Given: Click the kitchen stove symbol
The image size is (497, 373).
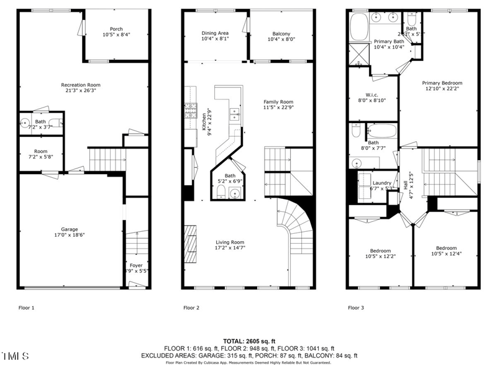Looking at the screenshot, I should tap(189, 113).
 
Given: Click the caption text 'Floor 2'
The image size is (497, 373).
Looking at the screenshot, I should tap(191, 308).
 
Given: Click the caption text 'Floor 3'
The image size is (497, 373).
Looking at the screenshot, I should tap(356, 308).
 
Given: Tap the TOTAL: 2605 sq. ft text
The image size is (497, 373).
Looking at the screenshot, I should tap(248, 341).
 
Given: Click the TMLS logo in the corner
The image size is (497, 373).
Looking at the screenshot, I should tap(15, 356).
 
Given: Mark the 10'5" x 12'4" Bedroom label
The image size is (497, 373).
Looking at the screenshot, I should tap(446, 250).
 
